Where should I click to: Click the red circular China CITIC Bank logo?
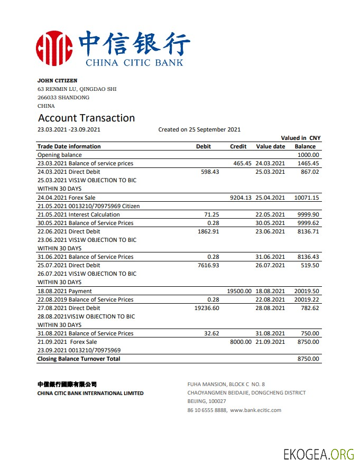pos(54,48)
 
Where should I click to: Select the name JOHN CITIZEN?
pos(57,81)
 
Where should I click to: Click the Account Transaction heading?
pos(86,118)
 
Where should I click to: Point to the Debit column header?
pos(204,146)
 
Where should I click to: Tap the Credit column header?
pos(238,146)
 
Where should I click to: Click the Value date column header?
pos(270,146)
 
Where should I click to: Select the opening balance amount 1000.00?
pos(308,155)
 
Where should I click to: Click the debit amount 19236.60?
pos(207,308)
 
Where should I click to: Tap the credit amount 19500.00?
pos(239,291)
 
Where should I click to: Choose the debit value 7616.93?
pos(208,265)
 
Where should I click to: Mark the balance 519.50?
pos(310,265)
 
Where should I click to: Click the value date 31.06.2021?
pos(270,257)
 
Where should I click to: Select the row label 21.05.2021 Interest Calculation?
pos(79,214)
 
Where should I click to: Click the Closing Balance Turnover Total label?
pos(79,359)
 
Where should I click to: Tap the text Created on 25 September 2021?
pos(199,129)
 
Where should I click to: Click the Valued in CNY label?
pos(300,138)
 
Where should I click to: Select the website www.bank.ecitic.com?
pos(255,410)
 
